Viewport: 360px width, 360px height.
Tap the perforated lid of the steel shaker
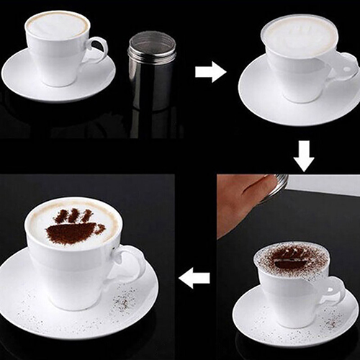[x=151, y=45]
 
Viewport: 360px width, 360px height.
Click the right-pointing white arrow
[x=210, y=71]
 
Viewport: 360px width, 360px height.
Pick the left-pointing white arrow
[x=194, y=276]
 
